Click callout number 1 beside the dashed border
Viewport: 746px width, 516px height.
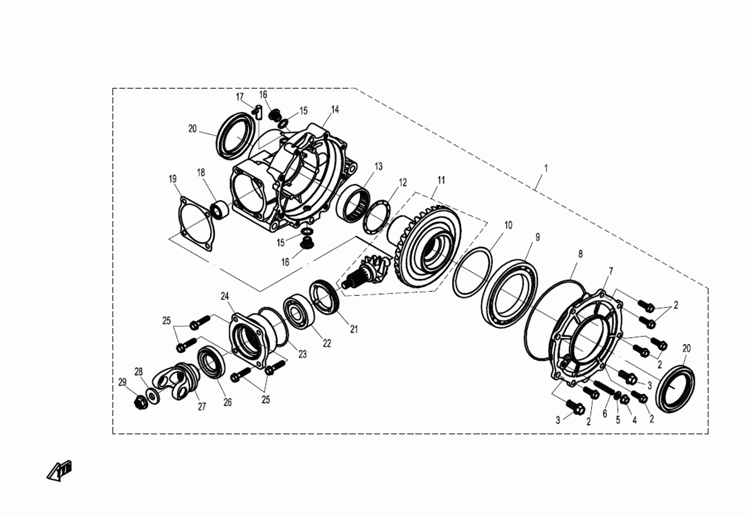coord(546,168)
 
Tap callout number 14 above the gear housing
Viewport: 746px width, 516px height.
coord(335,110)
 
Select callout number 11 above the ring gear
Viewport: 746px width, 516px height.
coord(441,180)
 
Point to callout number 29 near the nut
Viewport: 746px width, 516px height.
coord(122,382)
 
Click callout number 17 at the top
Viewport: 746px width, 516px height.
coord(240,97)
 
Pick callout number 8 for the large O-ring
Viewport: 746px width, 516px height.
coord(581,254)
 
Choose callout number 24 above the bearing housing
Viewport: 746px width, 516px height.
coord(225,296)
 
